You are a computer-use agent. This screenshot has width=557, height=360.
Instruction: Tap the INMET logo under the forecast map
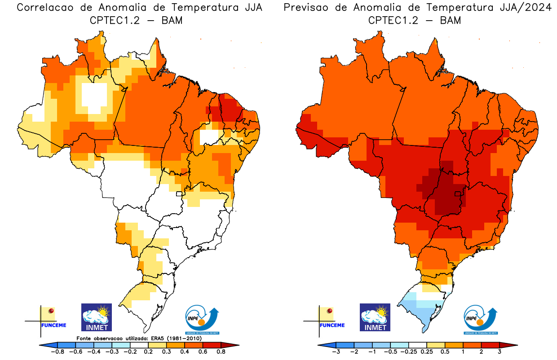click(375, 317)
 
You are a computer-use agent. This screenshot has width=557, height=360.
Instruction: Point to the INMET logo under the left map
click(96, 317)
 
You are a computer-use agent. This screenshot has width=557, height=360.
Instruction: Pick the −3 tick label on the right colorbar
click(336, 351)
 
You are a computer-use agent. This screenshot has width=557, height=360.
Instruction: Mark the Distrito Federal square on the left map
click(179, 194)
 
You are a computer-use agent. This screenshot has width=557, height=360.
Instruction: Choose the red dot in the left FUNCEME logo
click(51, 311)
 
